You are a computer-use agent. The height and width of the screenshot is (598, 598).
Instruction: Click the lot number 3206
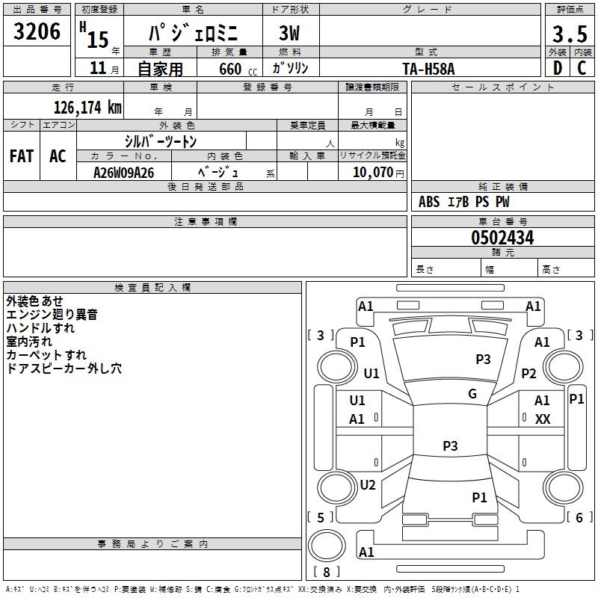pyautogui.click(x=37, y=31)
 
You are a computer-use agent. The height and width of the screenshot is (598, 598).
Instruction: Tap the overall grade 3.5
pyautogui.click(x=568, y=34)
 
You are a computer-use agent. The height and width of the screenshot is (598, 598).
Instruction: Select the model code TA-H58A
pyautogui.click(x=428, y=68)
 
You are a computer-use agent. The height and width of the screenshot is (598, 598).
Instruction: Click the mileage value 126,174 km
pyautogui.click(x=87, y=107)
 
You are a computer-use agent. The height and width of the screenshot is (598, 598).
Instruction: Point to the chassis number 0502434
pyautogui.click(x=502, y=238)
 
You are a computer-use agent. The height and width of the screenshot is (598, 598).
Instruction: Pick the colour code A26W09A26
pyautogui.click(x=124, y=173)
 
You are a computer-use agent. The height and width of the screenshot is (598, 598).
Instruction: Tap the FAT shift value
pyautogui.click(x=22, y=156)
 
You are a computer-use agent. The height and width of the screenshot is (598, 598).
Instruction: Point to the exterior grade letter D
pyautogui.click(x=557, y=67)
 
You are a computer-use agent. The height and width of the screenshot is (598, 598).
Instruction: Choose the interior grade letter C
pyautogui.click(x=582, y=67)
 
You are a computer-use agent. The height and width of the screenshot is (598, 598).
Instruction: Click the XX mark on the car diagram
pyautogui.click(x=543, y=419)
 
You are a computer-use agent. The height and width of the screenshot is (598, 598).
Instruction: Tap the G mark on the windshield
pyautogui.click(x=472, y=394)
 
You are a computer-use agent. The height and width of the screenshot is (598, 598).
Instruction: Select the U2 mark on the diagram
pyautogui.click(x=368, y=484)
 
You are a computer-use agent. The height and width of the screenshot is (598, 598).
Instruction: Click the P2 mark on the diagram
pyautogui.click(x=529, y=374)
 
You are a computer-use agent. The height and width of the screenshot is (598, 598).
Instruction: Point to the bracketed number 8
pyautogui.click(x=327, y=573)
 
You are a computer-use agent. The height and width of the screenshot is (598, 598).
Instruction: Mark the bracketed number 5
pyautogui.click(x=321, y=517)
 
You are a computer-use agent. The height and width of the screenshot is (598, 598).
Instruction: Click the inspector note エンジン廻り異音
pyautogui.click(x=52, y=315)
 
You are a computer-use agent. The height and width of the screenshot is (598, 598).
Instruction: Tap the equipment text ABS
pyautogui.click(x=429, y=202)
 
